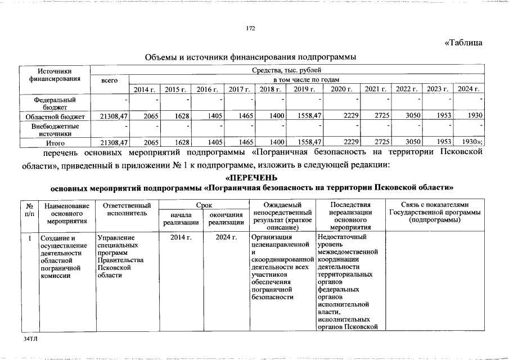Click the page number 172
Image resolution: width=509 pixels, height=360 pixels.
[251, 29]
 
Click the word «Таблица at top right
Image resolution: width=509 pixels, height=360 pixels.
[463, 43]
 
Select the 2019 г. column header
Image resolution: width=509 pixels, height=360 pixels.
[303, 89]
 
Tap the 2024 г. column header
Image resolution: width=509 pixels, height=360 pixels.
[468, 89]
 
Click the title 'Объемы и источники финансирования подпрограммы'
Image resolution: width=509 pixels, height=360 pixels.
[251, 57]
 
